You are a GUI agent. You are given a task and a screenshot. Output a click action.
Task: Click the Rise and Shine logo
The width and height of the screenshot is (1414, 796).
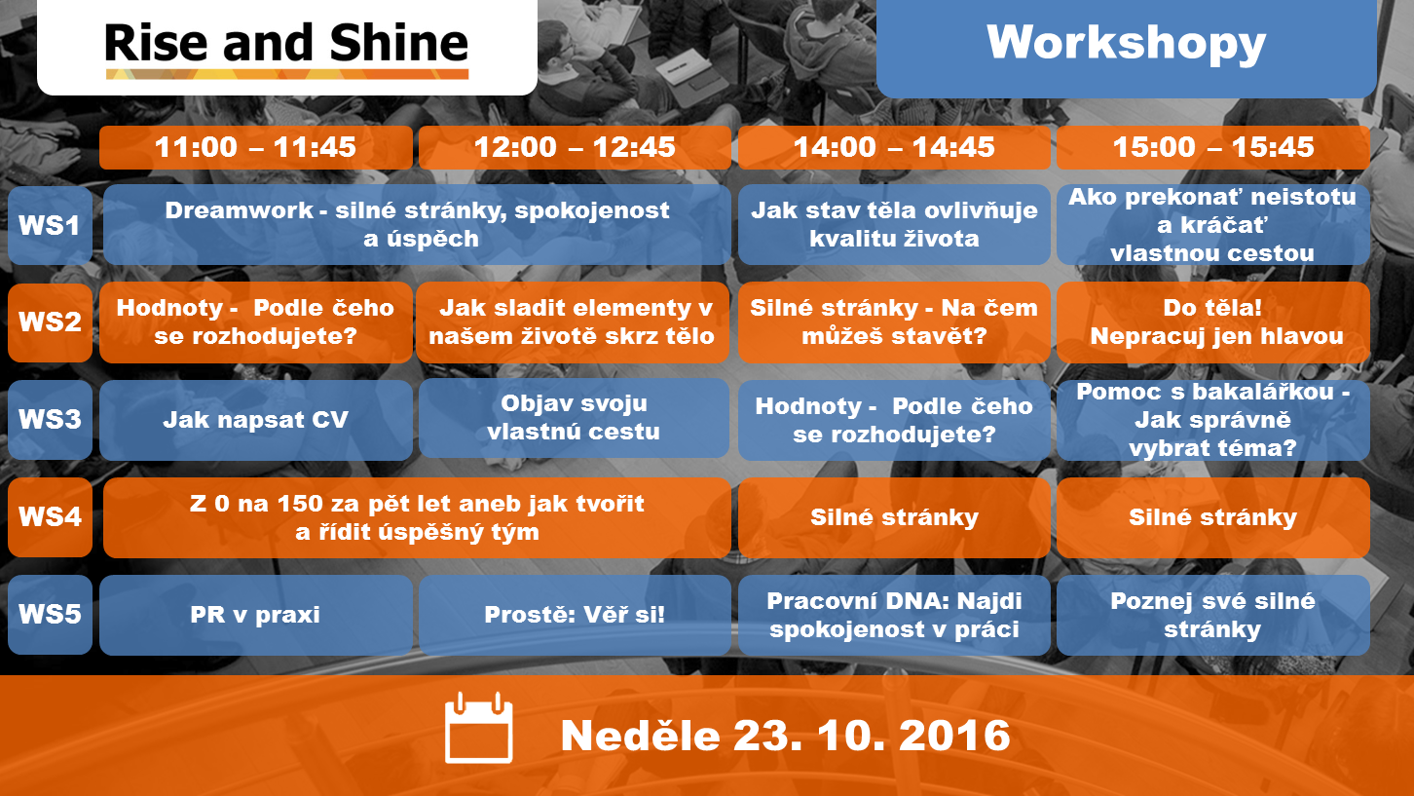pos(286,50)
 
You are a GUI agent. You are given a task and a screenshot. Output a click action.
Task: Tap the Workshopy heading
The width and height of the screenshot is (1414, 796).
pos(1126,43)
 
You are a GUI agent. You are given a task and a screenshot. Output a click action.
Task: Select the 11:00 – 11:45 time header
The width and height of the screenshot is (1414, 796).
pos(256,147)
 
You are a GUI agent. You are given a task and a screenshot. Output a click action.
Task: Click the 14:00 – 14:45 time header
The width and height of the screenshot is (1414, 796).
pos(894,147)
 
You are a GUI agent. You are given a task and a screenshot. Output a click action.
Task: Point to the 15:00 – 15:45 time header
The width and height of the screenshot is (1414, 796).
pos(1213,147)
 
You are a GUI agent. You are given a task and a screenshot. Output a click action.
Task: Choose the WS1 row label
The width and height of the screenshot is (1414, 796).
pos(50,225)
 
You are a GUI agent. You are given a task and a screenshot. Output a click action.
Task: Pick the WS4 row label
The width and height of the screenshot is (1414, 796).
pos(50,516)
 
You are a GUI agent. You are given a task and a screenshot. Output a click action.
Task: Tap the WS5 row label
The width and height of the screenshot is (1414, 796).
pos(50,614)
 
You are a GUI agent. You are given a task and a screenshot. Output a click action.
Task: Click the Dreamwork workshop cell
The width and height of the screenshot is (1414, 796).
pos(417,224)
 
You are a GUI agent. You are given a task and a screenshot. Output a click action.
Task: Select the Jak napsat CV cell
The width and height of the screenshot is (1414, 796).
pos(256,420)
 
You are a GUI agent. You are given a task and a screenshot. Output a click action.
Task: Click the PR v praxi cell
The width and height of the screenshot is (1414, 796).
pos(256,615)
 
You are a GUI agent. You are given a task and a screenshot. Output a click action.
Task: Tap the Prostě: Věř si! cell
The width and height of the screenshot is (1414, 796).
pos(575,615)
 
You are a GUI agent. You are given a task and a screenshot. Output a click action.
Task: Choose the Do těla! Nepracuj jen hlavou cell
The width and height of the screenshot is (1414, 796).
pos(1213,322)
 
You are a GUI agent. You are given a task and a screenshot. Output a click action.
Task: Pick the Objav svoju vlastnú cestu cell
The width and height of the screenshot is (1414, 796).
pos(574,418)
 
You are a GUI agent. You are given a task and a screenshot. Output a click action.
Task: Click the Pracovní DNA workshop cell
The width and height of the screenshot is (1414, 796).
pos(894,615)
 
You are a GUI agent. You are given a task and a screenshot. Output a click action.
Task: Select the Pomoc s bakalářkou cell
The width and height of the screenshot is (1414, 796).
pos(1213,420)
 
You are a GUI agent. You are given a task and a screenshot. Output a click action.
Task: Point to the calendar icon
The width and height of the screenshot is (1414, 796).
pos(478,728)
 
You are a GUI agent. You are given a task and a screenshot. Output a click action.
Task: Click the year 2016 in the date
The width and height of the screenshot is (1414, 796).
pos(954,736)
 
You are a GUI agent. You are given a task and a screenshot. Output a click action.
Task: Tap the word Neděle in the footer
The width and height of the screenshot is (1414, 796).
pos(640,736)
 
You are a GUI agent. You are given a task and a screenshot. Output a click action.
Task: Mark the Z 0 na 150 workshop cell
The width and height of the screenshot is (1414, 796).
pos(417,517)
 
